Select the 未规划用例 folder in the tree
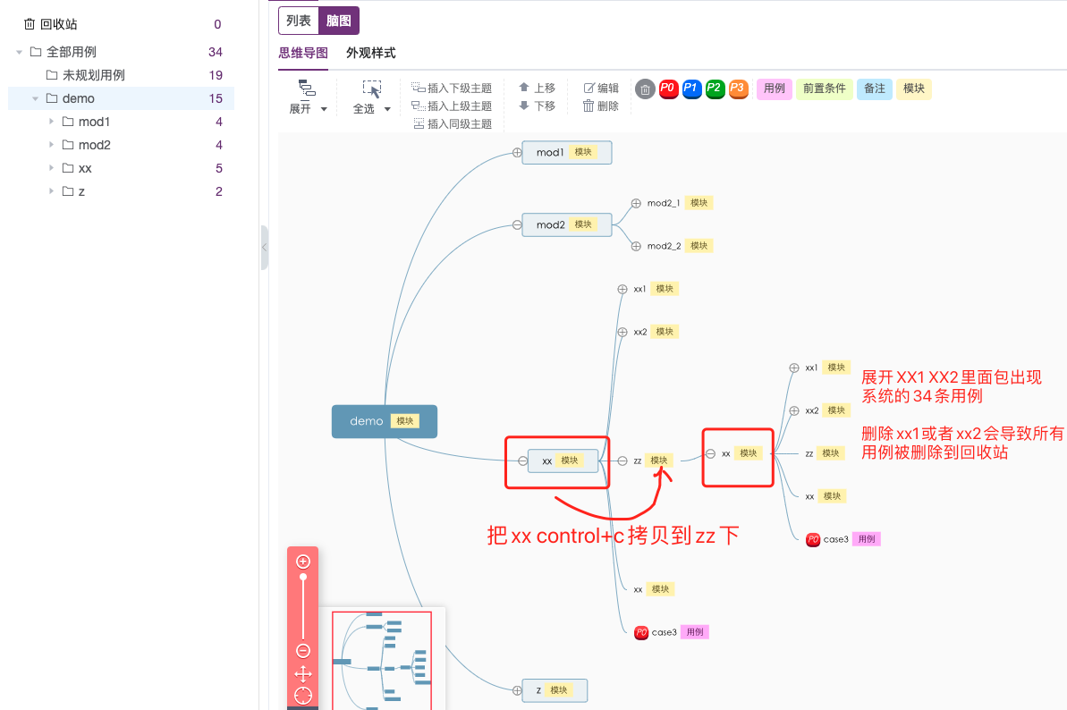(x=93, y=75)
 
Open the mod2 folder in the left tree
(x=94, y=145)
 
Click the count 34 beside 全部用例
(x=215, y=52)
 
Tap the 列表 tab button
(x=298, y=21)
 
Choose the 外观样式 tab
(x=370, y=54)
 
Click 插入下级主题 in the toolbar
(x=453, y=88)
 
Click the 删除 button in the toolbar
(x=601, y=106)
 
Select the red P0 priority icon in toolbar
(x=667, y=89)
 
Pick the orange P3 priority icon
(x=737, y=89)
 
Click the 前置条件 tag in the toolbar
(x=824, y=89)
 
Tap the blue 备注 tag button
(x=874, y=89)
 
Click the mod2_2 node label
(x=664, y=246)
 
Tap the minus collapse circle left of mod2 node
(x=517, y=224)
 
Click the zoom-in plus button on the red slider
(x=303, y=562)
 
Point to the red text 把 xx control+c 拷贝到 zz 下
(x=613, y=536)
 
